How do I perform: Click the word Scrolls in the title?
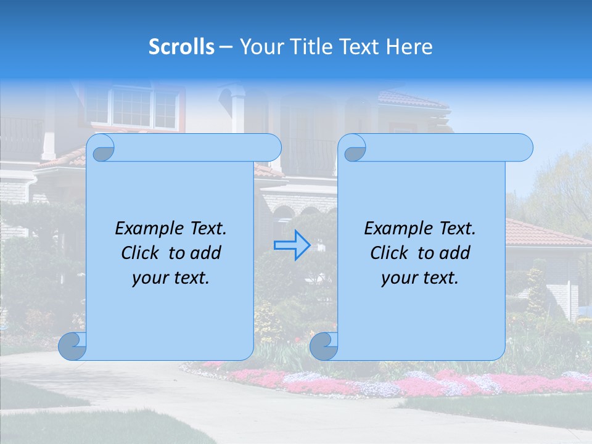coord(181,47)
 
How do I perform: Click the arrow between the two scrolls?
coord(292,245)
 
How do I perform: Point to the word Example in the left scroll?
coord(145,229)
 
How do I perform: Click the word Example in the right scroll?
coord(394,229)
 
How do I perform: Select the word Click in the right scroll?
coord(389,253)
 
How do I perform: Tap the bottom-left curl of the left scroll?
coord(73,347)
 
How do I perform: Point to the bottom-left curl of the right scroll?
coord(324,347)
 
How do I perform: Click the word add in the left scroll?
coord(205,253)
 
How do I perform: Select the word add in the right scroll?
coord(454,253)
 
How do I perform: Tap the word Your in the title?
coord(258,47)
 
